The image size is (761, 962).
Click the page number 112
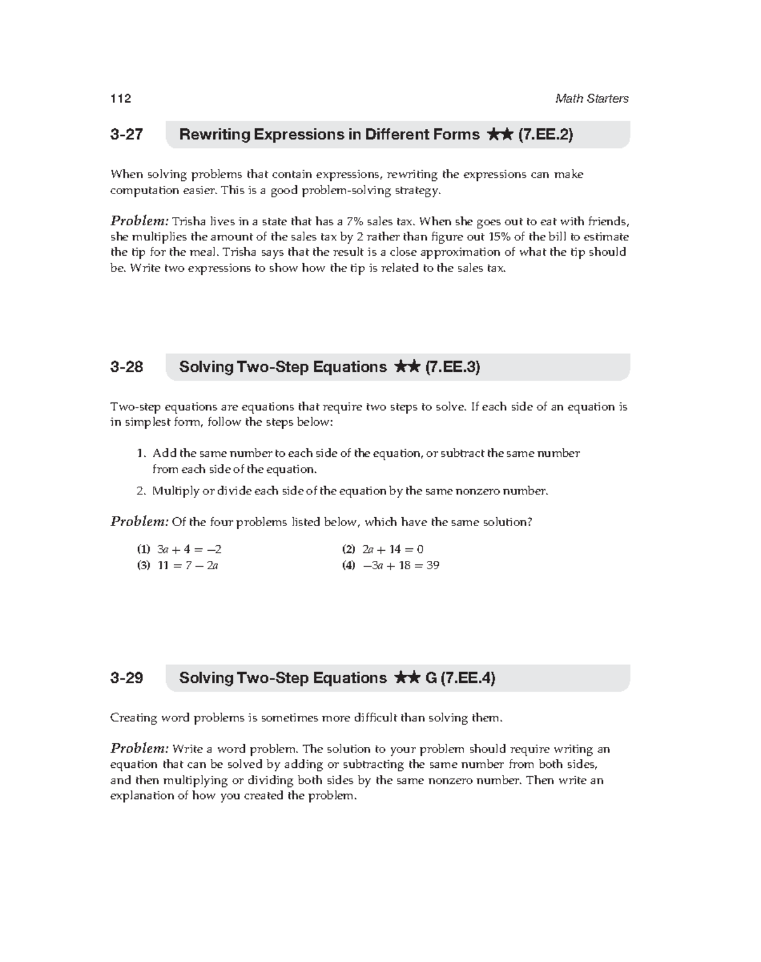tap(120, 98)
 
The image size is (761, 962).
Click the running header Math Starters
tap(591, 98)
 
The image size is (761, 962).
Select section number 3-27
tap(126, 135)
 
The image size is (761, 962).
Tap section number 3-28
tap(126, 367)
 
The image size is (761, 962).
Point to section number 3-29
tap(126, 678)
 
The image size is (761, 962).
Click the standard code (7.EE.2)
tap(545, 135)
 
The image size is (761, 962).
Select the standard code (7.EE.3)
tap(452, 367)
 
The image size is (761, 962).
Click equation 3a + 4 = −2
tap(189, 550)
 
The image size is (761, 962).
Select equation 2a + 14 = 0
tap(393, 550)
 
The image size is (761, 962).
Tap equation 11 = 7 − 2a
tap(188, 565)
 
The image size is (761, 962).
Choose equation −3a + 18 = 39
tap(400, 565)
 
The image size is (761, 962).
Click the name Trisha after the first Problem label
tap(189, 221)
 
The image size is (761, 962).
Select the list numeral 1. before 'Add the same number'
tap(141, 454)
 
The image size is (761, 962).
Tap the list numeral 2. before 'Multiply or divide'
tap(141, 491)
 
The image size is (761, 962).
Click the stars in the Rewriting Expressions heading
tap(500, 135)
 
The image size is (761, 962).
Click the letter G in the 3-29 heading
tap(431, 678)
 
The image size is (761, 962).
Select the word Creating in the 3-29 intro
tap(133, 718)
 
